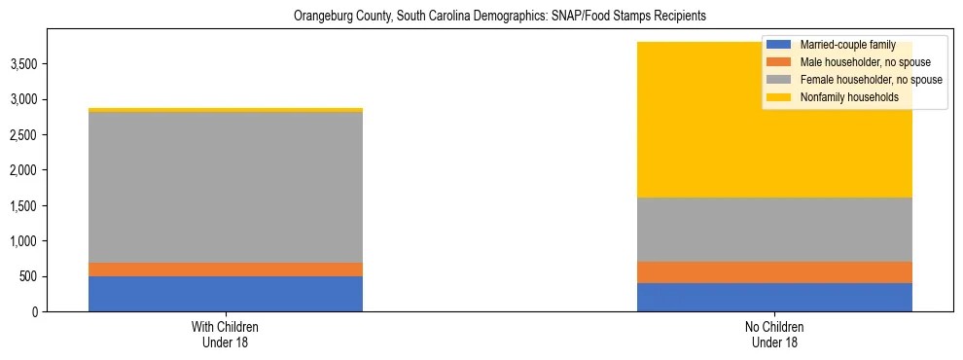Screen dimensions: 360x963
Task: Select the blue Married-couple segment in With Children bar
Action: (226, 294)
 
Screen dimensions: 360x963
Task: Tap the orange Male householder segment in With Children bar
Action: (226, 270)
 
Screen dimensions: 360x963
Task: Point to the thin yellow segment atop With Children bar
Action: (226, 110)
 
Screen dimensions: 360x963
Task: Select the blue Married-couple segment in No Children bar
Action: (774, 297)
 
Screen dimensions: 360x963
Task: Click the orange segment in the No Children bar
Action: (774, 272)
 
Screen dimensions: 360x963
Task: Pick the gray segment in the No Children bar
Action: (774, 230)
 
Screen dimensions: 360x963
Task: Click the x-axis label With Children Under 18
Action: (226, 334)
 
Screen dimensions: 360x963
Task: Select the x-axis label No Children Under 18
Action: (774, 334)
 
